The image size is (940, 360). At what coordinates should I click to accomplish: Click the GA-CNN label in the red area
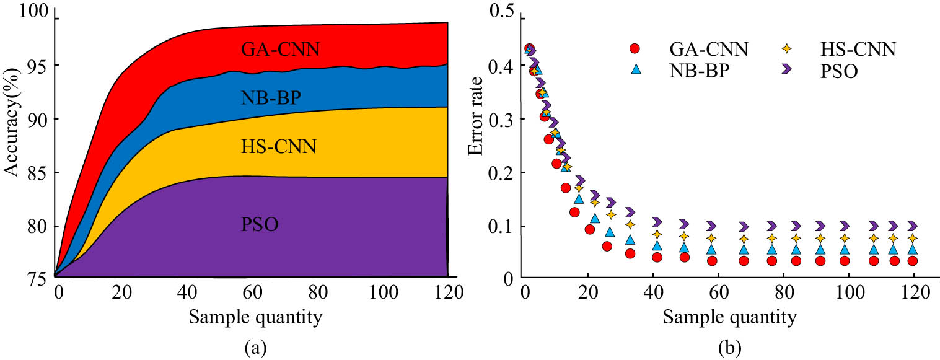(281, 48)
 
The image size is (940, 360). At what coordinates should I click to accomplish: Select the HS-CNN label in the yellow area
(278, 147)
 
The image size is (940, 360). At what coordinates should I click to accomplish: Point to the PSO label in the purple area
(260, 224)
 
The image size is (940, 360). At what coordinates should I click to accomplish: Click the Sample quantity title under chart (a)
(256, 318)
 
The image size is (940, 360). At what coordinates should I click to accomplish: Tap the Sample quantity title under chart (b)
(729, 318)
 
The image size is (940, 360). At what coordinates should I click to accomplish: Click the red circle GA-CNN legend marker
(634, 49)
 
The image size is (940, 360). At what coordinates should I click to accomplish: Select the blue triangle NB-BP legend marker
(634, 70)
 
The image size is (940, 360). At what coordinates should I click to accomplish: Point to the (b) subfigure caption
(729, 348)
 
